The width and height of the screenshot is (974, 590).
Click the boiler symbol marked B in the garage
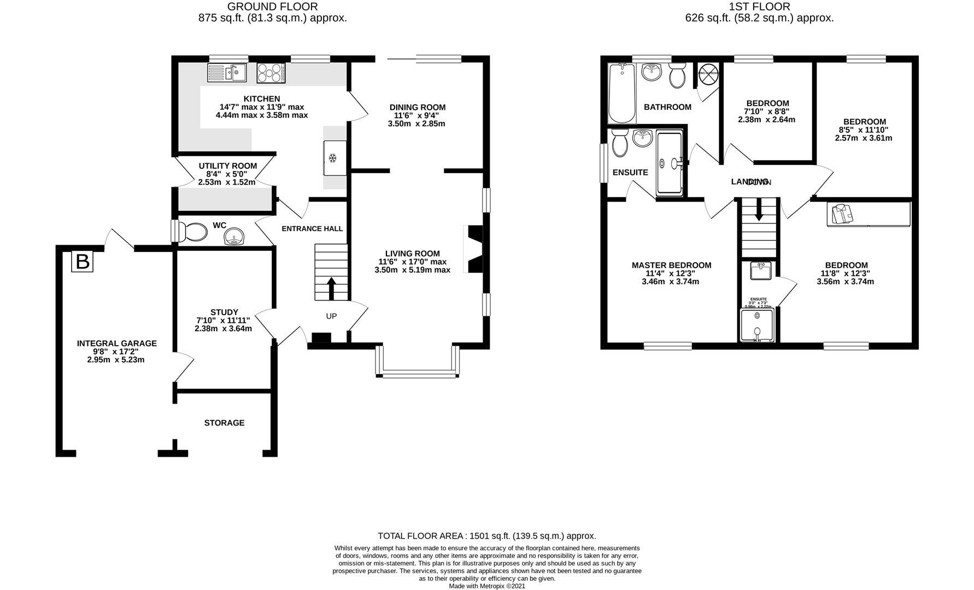(x=82, y=262)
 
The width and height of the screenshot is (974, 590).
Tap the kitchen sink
(x=227, y=72)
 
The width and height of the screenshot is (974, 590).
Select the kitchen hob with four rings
(x=271, y=72)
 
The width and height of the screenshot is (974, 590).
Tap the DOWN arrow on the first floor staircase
(x=759, y=210)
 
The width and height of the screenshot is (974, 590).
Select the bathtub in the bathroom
(x=621, y=92)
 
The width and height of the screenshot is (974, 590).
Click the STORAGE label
(x=224, y=423)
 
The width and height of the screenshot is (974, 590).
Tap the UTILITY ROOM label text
(x=227, y=166)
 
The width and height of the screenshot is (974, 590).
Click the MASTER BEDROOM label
(x=671, y=265)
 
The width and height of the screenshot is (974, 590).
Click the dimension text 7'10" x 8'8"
(x=767, y=111)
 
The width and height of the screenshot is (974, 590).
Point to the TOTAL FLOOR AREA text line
(x=486, y=536)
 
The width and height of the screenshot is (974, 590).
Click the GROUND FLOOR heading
(x=272, y=7)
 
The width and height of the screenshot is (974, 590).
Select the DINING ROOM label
(x=417, y=107)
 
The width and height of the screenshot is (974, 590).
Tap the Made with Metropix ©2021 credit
(x=486, y=586)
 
